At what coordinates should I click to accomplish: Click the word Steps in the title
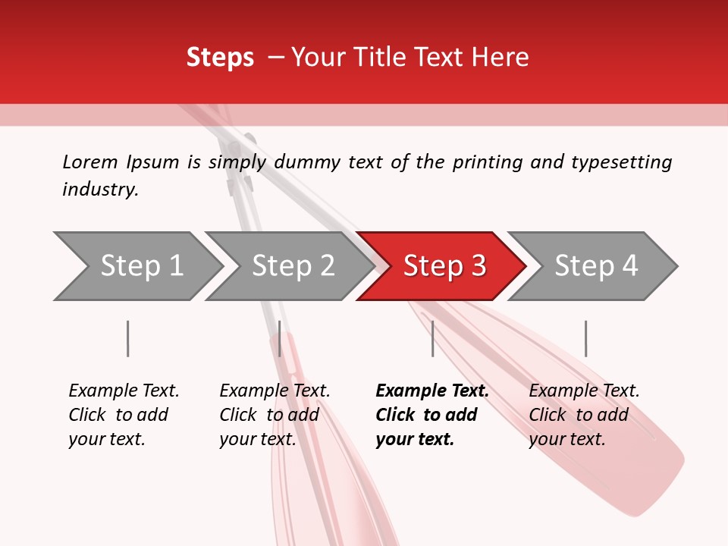tap(220, 58)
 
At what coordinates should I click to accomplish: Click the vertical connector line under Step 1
tap(127, 338)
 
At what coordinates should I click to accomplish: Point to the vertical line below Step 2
tap(280, 338)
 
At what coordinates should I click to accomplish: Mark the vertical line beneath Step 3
tap(432, 338)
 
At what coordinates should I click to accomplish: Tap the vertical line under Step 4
tap(585, 338)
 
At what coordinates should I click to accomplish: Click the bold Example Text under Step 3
tap(432, 391)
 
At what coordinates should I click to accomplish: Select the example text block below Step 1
tap(124, 415)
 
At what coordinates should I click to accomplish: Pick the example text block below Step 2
tap(275, 415)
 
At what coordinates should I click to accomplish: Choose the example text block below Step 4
tap(584, 415)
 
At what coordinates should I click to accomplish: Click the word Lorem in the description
tap(90, 162)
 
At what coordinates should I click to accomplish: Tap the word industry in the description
tap(100, 190)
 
